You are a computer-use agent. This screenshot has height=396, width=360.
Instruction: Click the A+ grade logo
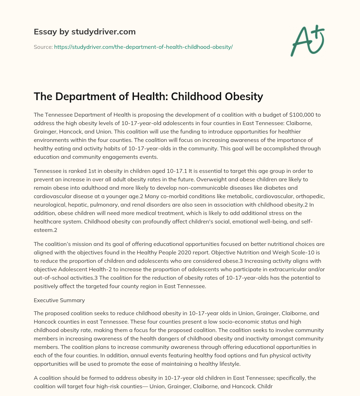pyautogui.click(x=307, y=40)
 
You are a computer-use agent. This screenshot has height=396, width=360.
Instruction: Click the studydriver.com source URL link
pyautogui.click(x=143, y=47)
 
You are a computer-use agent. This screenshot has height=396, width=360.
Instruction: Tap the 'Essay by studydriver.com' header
pyautogui.click(x=85, y=32)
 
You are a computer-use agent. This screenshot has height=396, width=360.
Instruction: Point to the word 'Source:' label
pyautogui.click(x=43, y=47)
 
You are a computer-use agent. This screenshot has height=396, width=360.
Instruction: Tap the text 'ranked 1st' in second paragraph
pyautogui.click(x=80, y=171)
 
